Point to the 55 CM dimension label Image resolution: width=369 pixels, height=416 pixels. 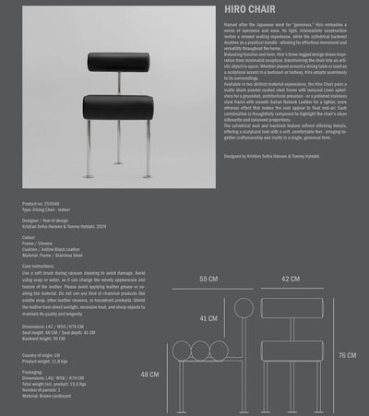coord(208,279)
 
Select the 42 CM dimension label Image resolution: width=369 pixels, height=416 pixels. coord(291,279)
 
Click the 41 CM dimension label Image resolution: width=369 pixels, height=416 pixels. coord(208,318)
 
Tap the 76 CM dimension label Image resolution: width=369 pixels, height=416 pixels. coord(347,355)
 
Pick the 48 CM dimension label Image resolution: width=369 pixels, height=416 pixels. coord(150,375)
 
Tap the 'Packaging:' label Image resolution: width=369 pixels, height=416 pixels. coord(33,371)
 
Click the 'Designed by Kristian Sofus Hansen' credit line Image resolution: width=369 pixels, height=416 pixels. coord(276,156)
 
